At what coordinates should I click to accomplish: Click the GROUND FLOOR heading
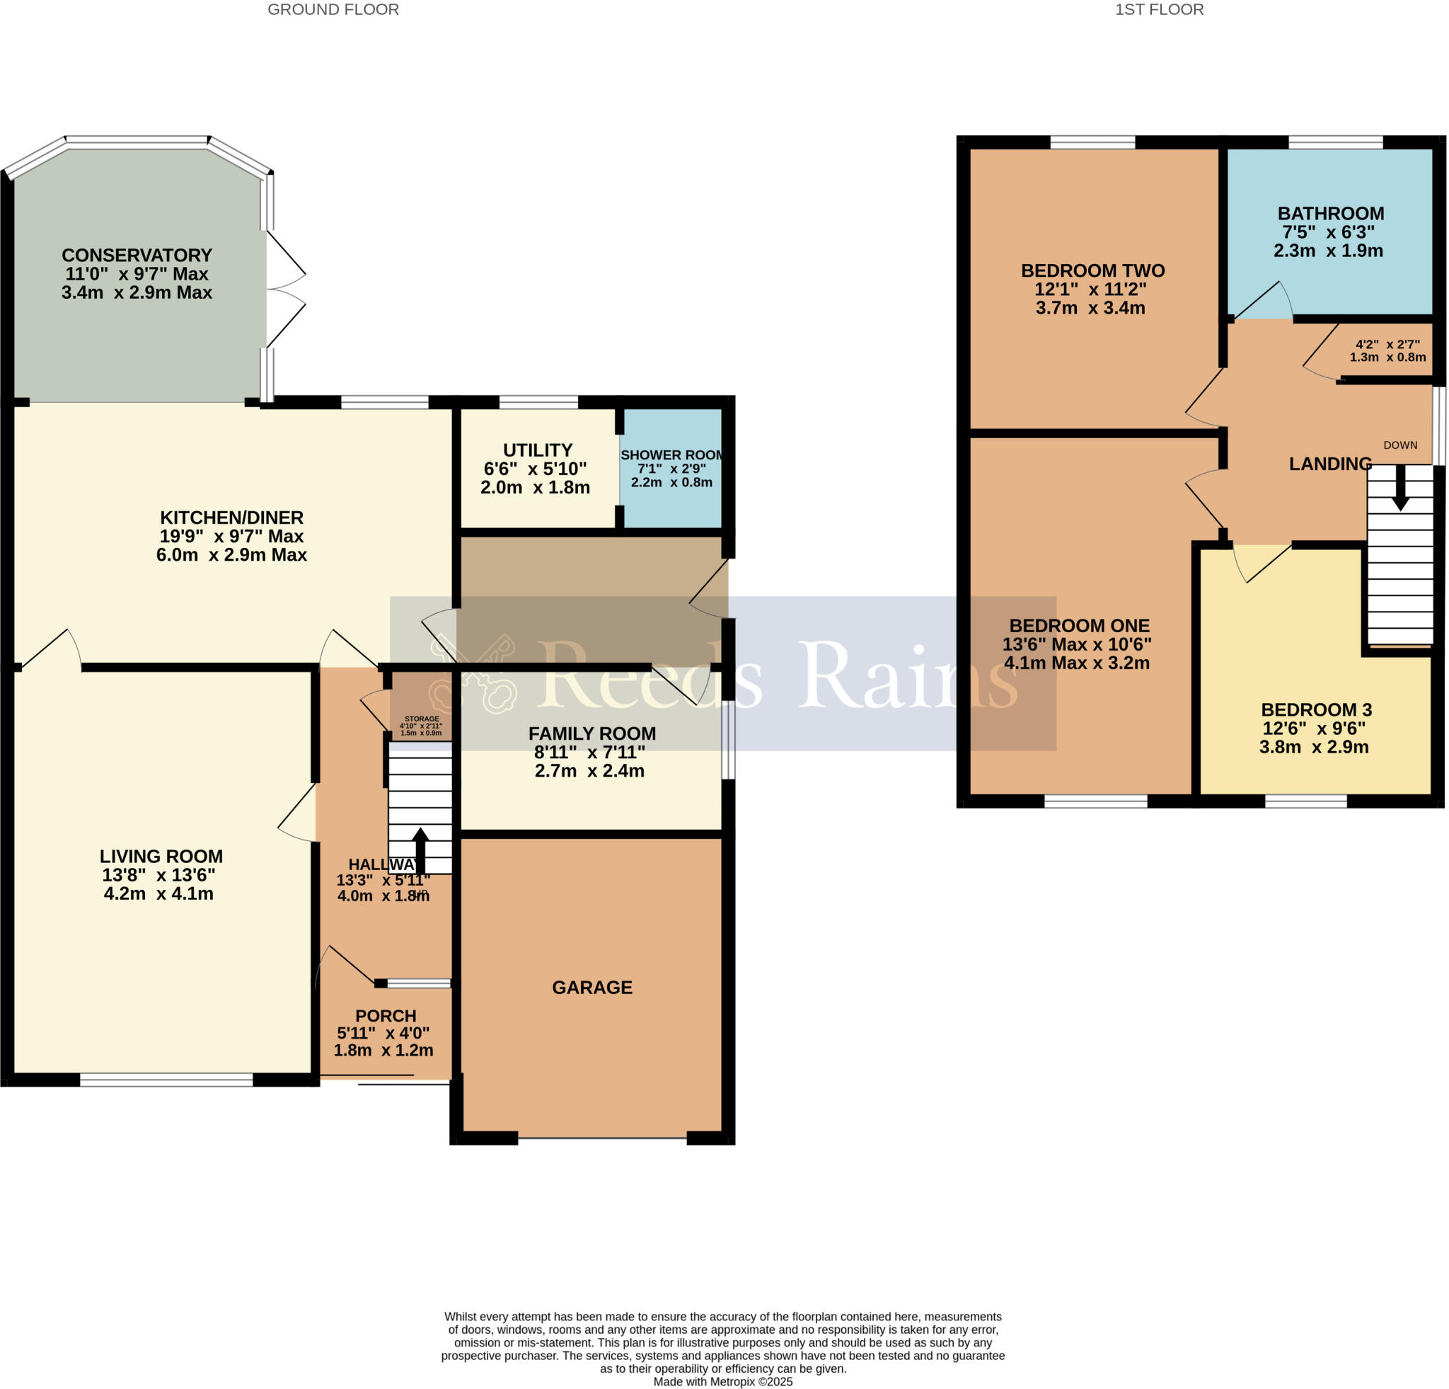click(x=333, y=10)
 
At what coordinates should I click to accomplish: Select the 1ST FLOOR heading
click(x=1158, y=10)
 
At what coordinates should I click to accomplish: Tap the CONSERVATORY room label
click(x=137, y=255)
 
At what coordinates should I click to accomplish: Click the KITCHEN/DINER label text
click(x=231, y=518)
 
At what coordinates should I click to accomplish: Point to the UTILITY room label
click(x=538, y=450)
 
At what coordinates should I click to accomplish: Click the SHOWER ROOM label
click(x=671, y=455)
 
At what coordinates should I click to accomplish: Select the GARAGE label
click(x=592, y=988)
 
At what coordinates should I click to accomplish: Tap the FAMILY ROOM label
click(x=592, y=733)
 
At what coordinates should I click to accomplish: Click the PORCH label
click(x=386, y=1016)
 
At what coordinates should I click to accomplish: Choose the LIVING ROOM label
click(x=161, y=857)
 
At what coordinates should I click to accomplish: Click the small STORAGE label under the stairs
click(x=422, y=719)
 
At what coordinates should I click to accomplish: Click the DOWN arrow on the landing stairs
click(x=1400, y=490)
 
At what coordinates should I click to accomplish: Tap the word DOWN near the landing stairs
click(x=1400, y=445)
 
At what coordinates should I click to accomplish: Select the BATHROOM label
click(x=1331, y=214)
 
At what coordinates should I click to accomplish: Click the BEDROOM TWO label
click(x=1092, y=270)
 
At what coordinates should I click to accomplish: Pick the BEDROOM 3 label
click(x=1316, y=710)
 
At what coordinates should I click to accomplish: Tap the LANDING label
click(x=1330, y=464)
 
